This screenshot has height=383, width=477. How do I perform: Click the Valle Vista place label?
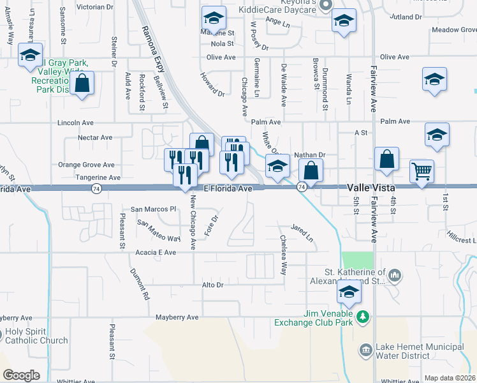[x=372, y=188]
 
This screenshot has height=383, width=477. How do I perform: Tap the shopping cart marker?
[x=422, y=171]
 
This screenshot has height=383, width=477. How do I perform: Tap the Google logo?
[x=21, y=375]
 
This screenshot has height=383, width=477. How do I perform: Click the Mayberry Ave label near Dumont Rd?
[x=177, y=317]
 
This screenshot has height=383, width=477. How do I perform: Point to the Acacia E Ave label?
[x=156, y=253]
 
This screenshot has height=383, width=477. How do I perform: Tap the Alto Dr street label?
[x=212, y=285]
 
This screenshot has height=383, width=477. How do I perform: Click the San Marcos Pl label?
[x=153, y=209]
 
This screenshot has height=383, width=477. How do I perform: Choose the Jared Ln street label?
[x=302, y=233]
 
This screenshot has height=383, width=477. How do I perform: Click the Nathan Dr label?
[x=310, y=154]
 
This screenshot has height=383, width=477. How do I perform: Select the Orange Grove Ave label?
[x=86, y=165]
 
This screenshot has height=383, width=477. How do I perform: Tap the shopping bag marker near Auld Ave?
[x=82, y=84]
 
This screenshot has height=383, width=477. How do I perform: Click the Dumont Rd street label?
[x=140, y=285]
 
